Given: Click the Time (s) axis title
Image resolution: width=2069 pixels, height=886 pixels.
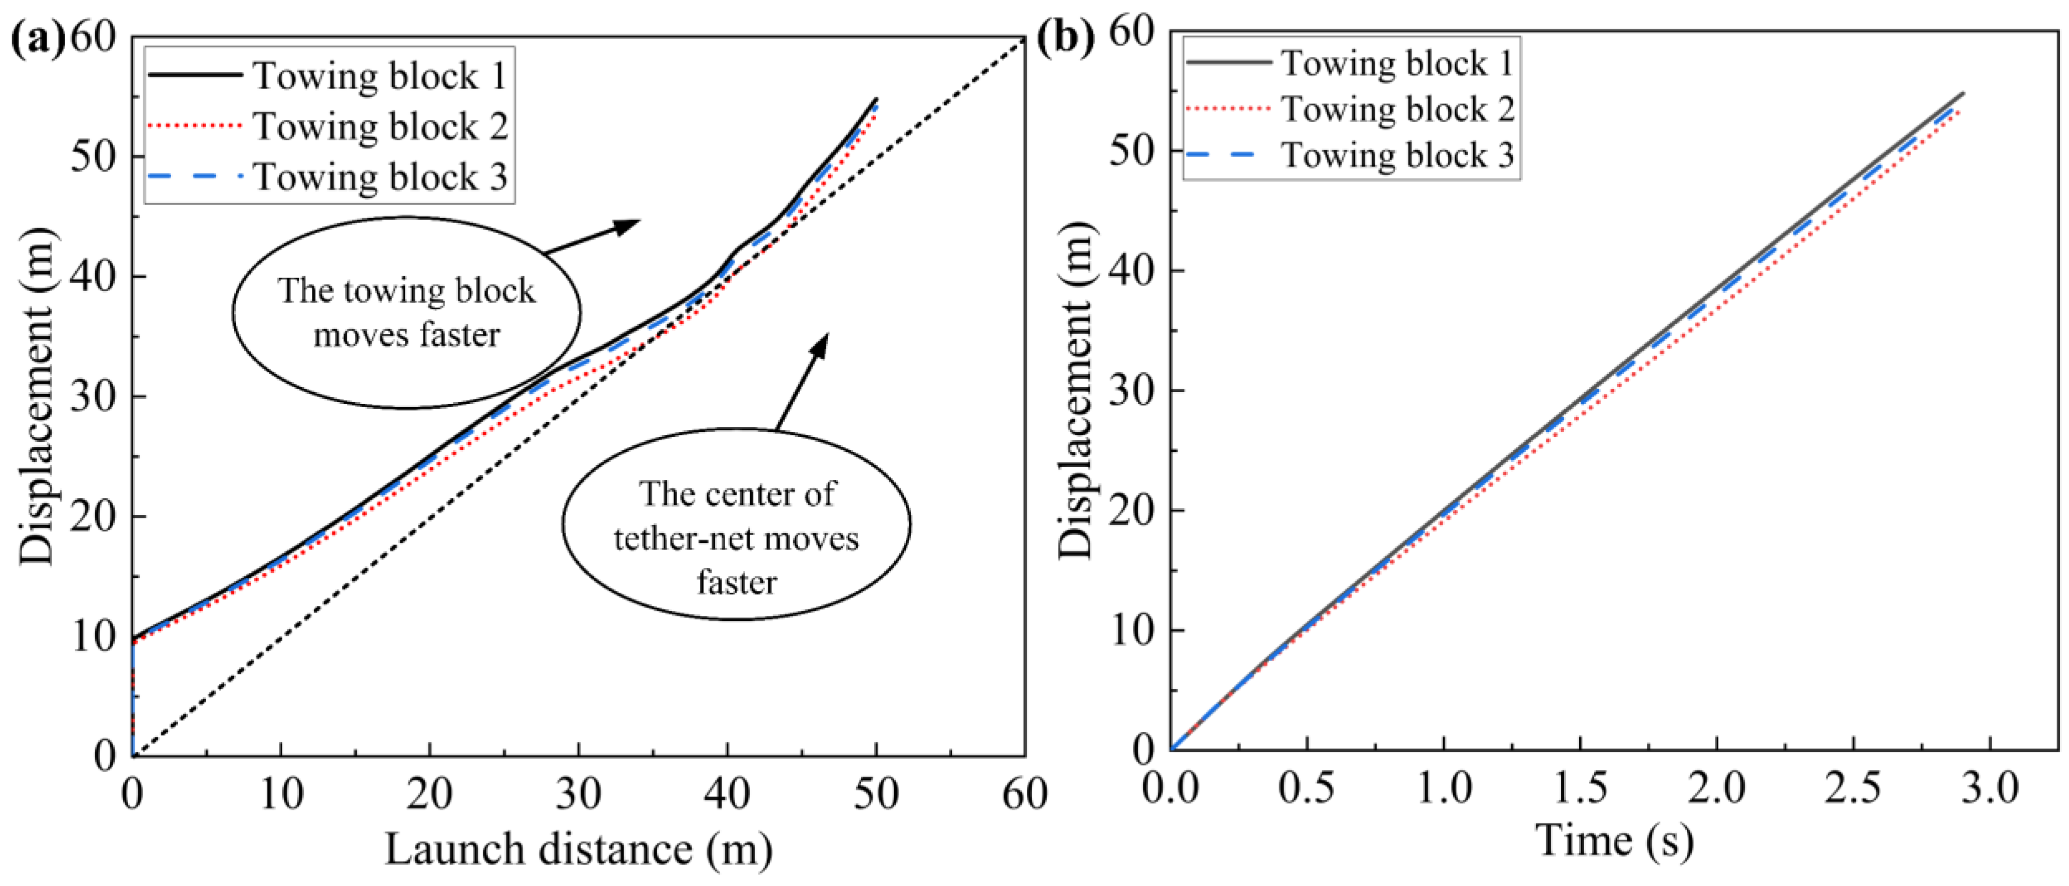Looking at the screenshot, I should pos(1614,842).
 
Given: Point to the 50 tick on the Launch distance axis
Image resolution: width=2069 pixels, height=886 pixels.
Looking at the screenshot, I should pos(875,794).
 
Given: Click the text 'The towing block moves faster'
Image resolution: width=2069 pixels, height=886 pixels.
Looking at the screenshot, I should pos(407,313).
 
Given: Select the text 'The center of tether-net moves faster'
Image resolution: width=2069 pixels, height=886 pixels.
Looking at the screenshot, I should pos(736,537).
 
